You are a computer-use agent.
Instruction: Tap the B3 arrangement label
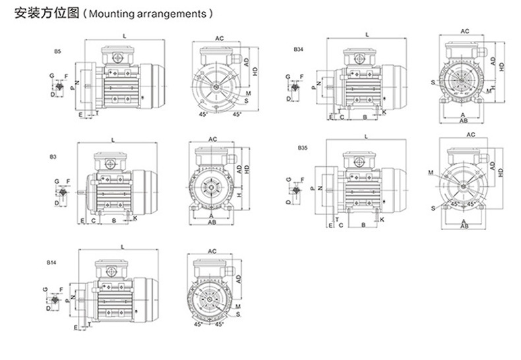coord(53,157)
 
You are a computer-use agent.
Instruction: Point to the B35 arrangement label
coord(302,148)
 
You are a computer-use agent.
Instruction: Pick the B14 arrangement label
coord(51,262)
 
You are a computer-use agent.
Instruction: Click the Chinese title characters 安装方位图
coord(41,13)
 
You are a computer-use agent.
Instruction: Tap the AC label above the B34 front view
coord(464,31)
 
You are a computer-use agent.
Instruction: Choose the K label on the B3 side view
coord(135,218)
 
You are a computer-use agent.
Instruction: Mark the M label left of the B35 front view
coord(431,173)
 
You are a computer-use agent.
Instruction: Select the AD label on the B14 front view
coord(237,280)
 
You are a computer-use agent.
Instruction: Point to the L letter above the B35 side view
coord(365,136)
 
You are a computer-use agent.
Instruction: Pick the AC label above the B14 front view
coord(213,252)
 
